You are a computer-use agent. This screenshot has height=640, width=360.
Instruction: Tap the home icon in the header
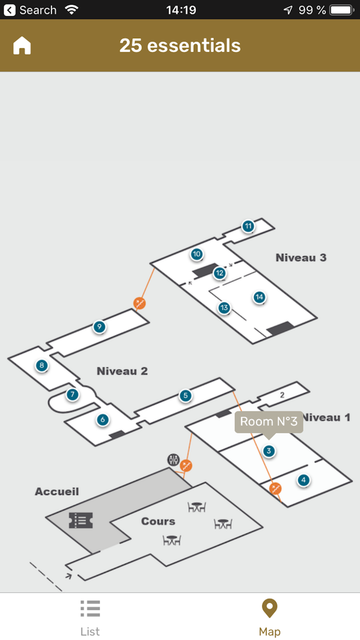(x=22, y=46)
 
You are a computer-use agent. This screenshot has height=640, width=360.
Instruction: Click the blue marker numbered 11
(x=248, y=226)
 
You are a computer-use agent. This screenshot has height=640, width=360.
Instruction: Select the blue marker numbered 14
(x=259, y=297)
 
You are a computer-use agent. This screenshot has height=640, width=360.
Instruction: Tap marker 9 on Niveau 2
(x=99, y=327)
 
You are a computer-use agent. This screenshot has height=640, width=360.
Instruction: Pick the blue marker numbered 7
(x=72, y=395)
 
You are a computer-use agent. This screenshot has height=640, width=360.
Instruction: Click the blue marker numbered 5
(x=185, y=396)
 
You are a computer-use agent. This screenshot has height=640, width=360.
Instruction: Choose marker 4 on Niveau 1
(x=303, y=480)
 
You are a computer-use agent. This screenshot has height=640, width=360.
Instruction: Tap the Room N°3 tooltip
(x=268, y=422)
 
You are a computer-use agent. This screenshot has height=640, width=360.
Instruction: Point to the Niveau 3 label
(x=301, y=258)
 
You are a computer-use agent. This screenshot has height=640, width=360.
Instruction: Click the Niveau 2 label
(x=122, y=371)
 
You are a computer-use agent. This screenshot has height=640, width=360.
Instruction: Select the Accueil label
(x=57, y=491)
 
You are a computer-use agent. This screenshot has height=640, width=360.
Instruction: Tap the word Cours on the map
(x=158, y=521)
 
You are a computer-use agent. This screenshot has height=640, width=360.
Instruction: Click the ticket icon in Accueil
(x=81, y=520)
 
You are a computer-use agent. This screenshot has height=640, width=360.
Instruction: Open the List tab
(x=90, y=617)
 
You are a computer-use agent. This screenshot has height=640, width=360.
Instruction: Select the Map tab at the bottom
(x=269, y=617)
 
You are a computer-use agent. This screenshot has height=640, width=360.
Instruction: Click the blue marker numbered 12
(x=220, y=273)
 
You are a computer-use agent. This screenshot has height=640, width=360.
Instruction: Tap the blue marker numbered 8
(x=42, y=366)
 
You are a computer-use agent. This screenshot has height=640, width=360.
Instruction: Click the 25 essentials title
(x=180, y=46)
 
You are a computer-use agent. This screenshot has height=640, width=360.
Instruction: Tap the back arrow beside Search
(x=10, y=10)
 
